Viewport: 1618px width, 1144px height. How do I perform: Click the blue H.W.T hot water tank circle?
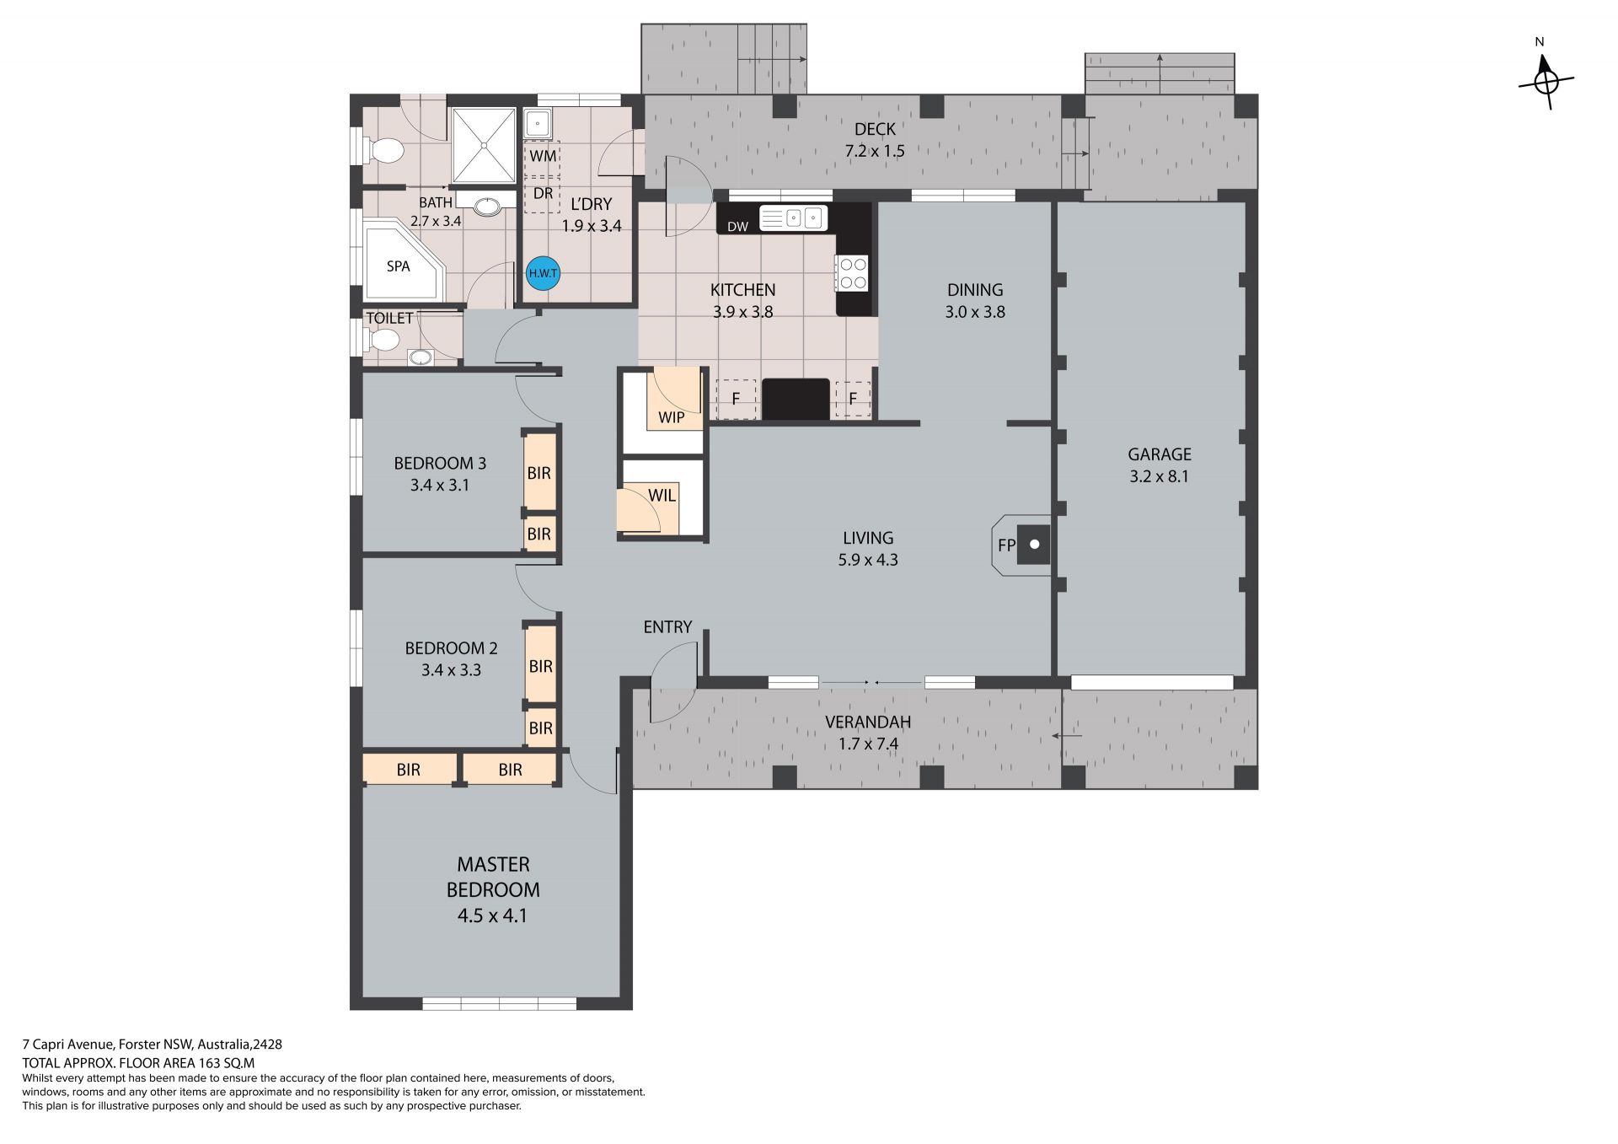click(x=543, y=273)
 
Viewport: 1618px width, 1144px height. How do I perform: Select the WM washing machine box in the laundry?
click(x=543, y=157)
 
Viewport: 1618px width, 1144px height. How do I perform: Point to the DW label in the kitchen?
click(x=737, y=227)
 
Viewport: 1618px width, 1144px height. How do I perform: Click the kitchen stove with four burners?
click(x=851, y=273)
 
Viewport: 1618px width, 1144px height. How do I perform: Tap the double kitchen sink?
click(x=793, y=218)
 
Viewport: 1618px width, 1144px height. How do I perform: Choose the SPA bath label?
click(x=398, y=266)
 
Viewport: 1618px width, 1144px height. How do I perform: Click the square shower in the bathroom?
click(x=484, y=145)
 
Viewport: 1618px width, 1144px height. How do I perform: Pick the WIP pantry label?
click(x=672, y=417)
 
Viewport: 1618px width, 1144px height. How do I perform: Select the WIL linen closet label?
click(x=662, y=496)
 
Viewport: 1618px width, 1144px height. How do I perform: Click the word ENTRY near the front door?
click(x=667, y=627)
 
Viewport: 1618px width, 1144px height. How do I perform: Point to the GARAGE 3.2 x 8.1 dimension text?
click(x=1159, y=476)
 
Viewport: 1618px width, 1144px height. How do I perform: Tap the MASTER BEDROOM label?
click(x=493, y=877)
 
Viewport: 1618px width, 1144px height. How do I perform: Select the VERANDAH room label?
click(x=868, y=722)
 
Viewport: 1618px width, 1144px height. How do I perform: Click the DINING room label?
click(x=975, y=290)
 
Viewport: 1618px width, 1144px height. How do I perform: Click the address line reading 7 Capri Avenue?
click(x=152, y=1045)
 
